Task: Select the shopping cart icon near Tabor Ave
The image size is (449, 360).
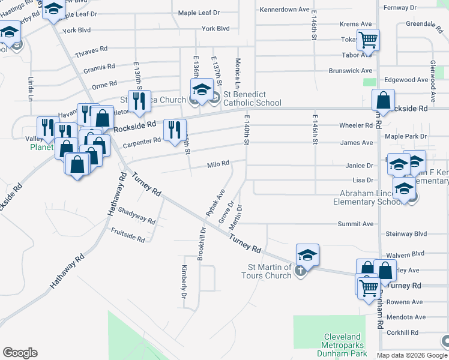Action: click(368, 40)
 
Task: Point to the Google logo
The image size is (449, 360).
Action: click(20, 353)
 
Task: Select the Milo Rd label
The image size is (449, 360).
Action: click(218, 164)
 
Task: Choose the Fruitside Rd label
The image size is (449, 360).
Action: click(128, 235)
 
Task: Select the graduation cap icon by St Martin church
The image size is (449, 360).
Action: click(307, 254)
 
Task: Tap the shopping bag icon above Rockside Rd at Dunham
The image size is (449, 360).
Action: click(382, 100)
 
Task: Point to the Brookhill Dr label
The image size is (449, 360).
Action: click(203, 239)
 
